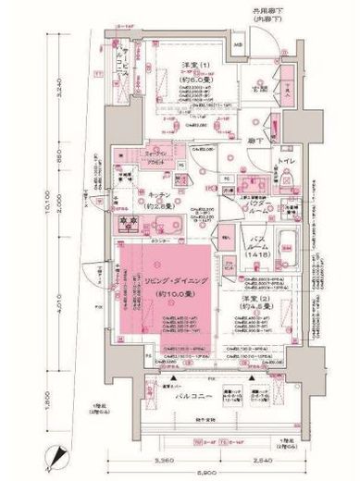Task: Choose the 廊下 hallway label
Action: [x=249, y=141]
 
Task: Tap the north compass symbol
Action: [x=63, y=456]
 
